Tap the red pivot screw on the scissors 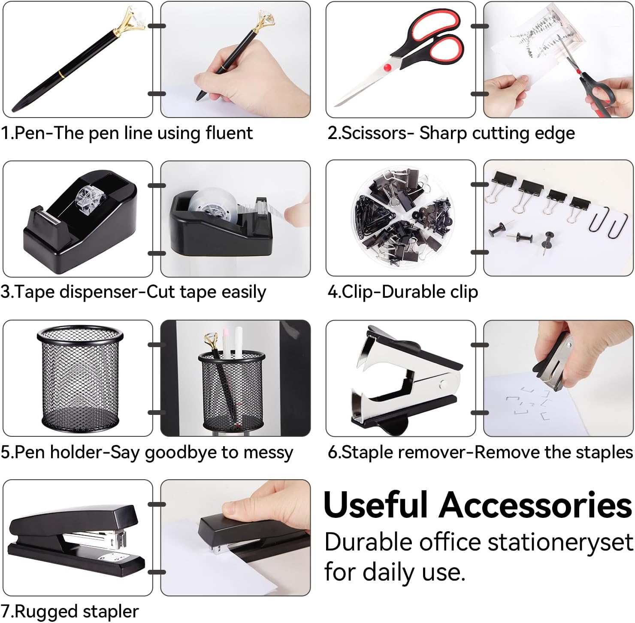coord(388,67)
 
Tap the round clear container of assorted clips coord(401,219)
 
